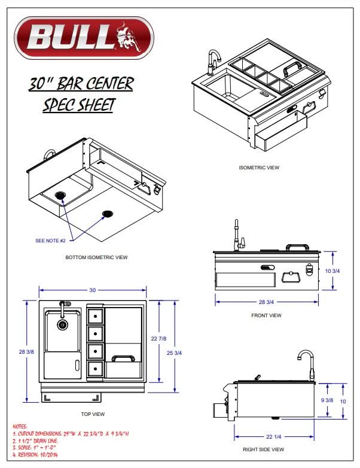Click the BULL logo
[84, 38]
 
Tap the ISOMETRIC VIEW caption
[258, 168]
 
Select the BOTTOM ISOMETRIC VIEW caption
[96, 258]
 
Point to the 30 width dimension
[93, 290]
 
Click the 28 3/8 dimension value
[17, 352]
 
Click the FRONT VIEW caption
[266, 315]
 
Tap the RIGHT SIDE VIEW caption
[263, 449]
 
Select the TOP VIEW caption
[93, 413]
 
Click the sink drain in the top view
[62, 325]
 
